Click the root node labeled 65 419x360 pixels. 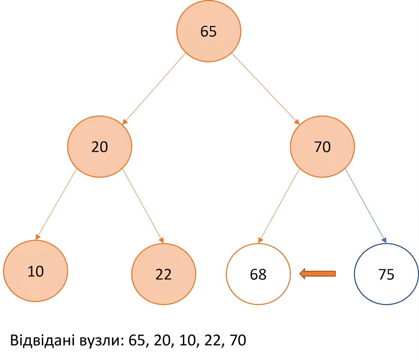coord(209,31)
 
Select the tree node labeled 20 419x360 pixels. coord(100,147)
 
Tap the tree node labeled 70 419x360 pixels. coord(323,147)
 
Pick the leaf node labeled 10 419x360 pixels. coord(36,271)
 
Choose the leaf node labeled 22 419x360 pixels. coord(163,274)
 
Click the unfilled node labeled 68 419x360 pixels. coord(258,274)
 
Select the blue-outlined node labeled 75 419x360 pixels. coord(386,274)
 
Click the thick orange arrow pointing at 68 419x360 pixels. coord(317,274)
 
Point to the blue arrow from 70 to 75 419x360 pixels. coord(365,205)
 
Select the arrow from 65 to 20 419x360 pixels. coord(154,89)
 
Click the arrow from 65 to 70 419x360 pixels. coord(265,89)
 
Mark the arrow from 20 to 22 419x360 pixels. coord(143,206)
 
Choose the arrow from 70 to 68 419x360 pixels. coord(279,206)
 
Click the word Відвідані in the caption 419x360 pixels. coord(42,340)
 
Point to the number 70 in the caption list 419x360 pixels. coord(238,340)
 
